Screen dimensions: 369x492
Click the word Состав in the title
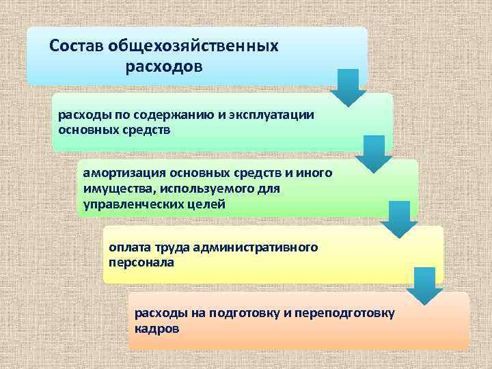[x=75, y=46]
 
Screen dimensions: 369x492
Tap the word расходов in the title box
[x=164, y=68]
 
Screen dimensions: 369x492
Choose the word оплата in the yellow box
[x=128, y=247]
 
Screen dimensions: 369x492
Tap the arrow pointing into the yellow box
[x=398, y=219]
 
